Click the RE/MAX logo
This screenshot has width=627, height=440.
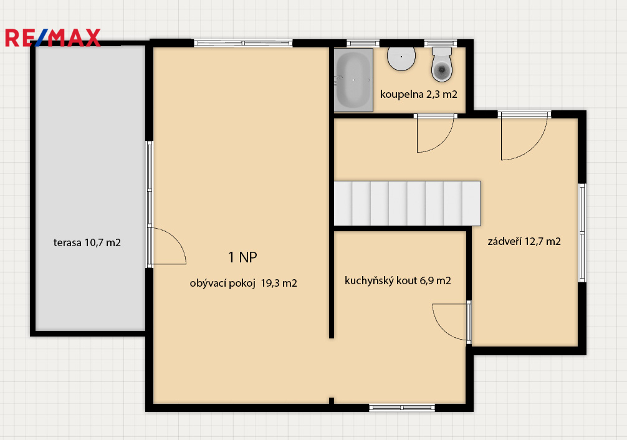click(x=52, y=38)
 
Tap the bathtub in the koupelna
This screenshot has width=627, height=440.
click(x=353, y=80)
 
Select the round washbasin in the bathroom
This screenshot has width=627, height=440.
click(x=401, y=59)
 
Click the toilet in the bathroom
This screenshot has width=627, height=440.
click(x=442, y=64)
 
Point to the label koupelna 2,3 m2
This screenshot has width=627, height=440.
click(x=419, y=94)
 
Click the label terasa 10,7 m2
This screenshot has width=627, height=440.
click(x=87, y=242)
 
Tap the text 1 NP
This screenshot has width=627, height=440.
click(x=242, y=257)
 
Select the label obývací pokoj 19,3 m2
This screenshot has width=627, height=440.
click(x=243, y=283)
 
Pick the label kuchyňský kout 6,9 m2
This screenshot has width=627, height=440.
click(x=398, y=281)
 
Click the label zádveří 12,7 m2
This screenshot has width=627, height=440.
click(x=524, y=241)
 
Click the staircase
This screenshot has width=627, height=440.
click(x=407, y=204)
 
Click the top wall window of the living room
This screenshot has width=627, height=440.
click(x=243, y=43)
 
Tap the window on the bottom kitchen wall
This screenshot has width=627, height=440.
click(x=402, y=408)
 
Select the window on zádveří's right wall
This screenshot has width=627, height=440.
click(x=582, y=233)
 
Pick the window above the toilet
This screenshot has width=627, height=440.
click(x=440, y=43)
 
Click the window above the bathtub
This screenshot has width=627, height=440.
click(x=363, y=43)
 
